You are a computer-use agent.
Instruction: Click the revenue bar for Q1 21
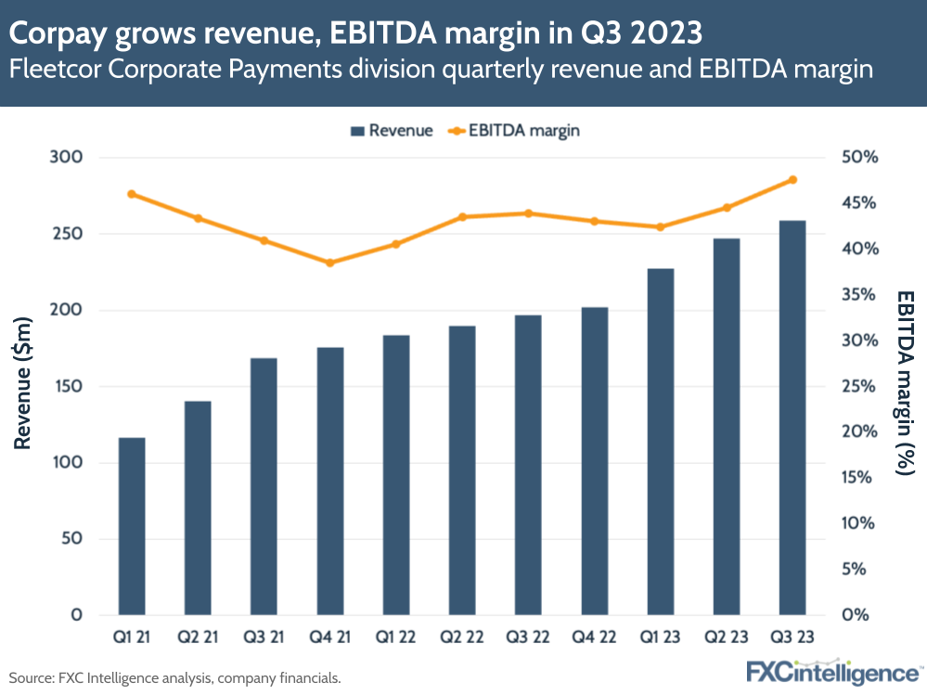click(132, 526)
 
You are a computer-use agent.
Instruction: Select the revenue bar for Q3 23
click(792, 418)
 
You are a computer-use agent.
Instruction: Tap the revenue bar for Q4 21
click(330, 481)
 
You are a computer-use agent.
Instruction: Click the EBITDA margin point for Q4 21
click(330, 263)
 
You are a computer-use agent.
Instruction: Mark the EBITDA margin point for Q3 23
click(792, 180)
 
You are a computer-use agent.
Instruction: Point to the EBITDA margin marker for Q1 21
click(132, 194)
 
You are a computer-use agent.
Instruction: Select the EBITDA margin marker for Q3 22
click(528, 213)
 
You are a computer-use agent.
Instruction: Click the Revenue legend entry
click(392, 131)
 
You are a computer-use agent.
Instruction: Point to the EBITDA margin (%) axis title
click(905, 382)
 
